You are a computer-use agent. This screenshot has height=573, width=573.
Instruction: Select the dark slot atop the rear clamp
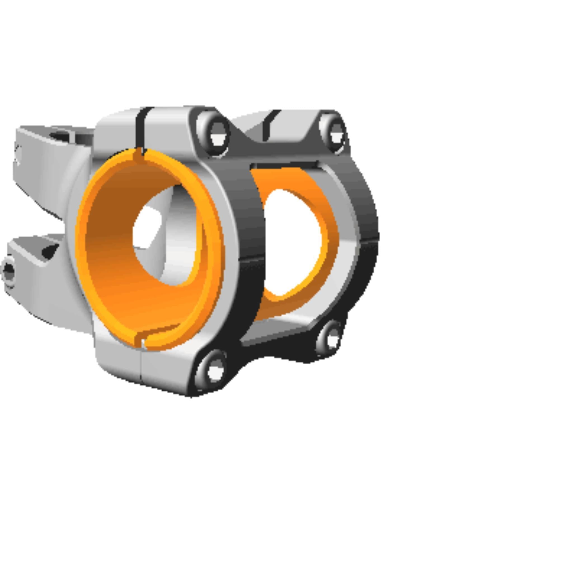pyautogui.click(x=268, y=126)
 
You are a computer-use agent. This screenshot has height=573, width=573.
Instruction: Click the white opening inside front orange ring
pyautogui.click(x=147, y=227)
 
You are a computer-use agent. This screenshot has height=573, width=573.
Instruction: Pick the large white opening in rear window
pyautogui.click(x=292, y=242)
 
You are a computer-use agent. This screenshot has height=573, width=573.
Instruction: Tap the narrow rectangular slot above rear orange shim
pyautogui.click(x=285, y=165)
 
